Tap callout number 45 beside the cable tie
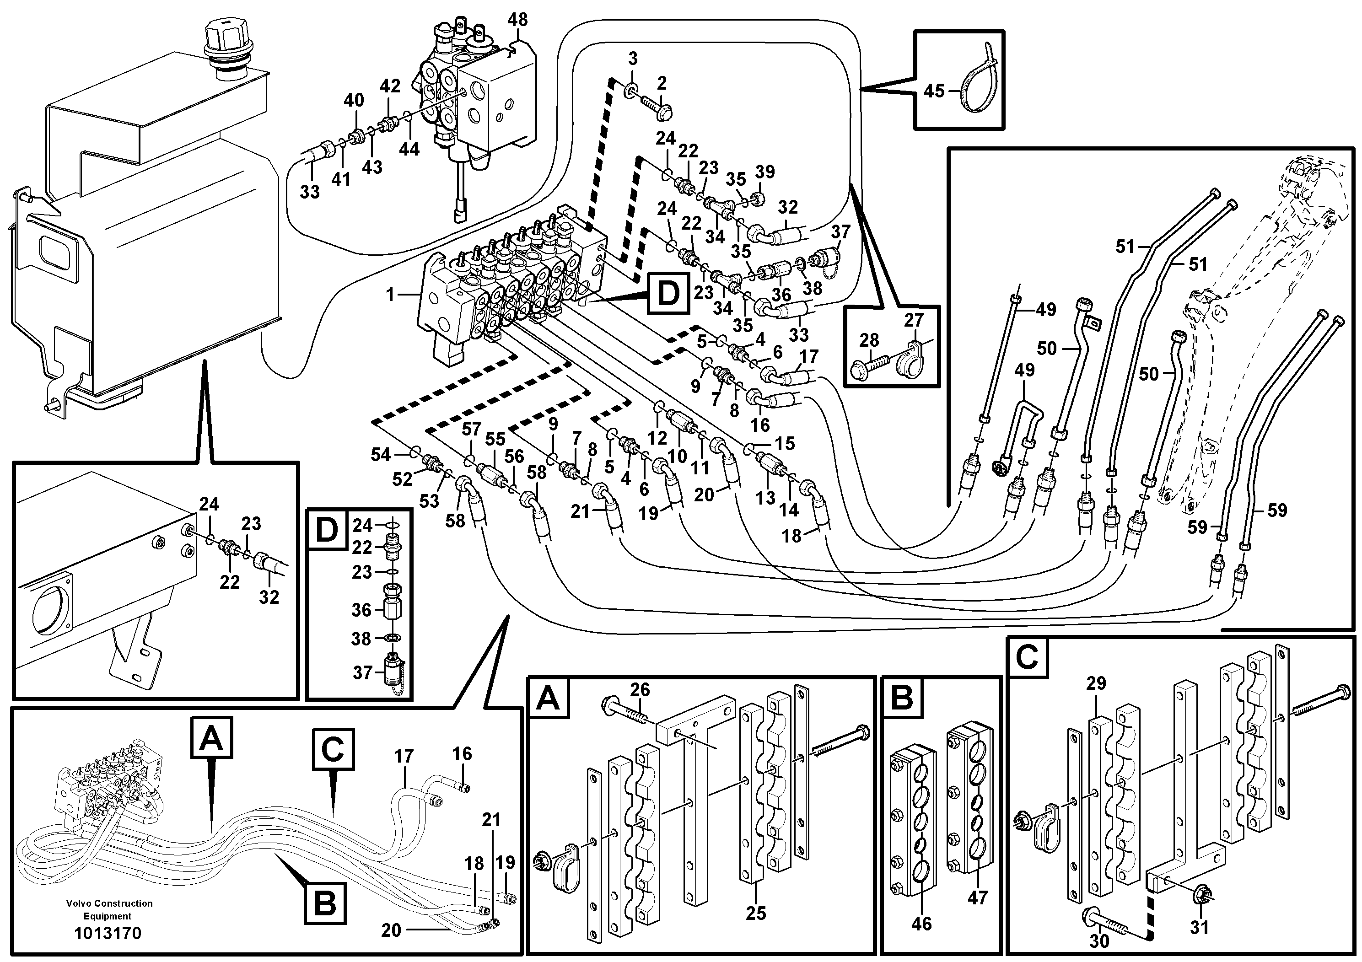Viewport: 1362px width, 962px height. coord(934,91)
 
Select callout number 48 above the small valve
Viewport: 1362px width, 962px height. coord(517,20)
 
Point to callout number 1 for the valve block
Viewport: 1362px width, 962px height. coord(390,294)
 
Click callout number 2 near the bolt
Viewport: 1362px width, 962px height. coord(662,82)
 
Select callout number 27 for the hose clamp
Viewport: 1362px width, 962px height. coord(914,320)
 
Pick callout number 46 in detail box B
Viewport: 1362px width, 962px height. coord(921,924)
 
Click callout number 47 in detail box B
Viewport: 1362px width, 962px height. coord(977,898)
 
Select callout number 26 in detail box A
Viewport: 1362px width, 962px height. coord(640,689)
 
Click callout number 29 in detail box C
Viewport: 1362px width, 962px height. coord(1096,683)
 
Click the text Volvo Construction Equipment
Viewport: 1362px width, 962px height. coord(109,910)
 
